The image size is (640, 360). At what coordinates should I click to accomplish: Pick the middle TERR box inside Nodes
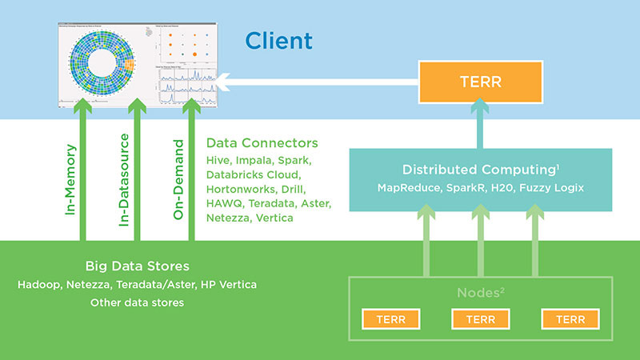479,318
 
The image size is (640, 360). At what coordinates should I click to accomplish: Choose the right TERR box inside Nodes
569,318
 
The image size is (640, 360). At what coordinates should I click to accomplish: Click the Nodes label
480,293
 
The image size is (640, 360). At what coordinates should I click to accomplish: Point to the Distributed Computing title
481,170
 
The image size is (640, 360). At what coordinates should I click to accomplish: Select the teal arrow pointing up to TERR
481,124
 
